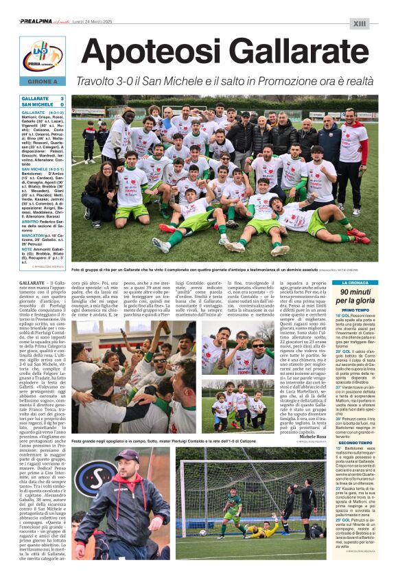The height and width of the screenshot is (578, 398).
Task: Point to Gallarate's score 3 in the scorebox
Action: pyautogui.click(x=62, y=99)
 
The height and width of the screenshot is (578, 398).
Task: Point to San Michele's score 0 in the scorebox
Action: pyautogui.click(x=62, y=104)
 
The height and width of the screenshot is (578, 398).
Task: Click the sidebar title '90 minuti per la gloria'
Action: pyautogui.click(x=355, y=296)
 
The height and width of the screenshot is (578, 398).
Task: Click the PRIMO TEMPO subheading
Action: pyautogui.click(x=355, y=311)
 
